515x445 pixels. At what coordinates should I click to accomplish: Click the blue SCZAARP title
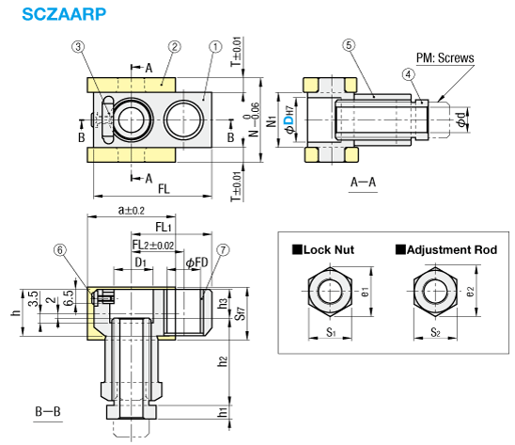64,14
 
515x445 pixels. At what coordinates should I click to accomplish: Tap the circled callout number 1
215,47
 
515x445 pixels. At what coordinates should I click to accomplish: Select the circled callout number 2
175,46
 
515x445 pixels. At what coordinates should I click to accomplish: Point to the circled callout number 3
78,46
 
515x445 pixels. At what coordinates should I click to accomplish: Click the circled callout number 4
408,74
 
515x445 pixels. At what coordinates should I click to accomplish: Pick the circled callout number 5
349,45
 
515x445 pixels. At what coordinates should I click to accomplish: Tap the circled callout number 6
60,250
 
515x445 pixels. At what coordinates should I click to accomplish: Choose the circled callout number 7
223,250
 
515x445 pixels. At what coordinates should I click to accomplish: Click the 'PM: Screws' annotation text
445,58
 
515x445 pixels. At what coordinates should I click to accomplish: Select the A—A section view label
363,182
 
